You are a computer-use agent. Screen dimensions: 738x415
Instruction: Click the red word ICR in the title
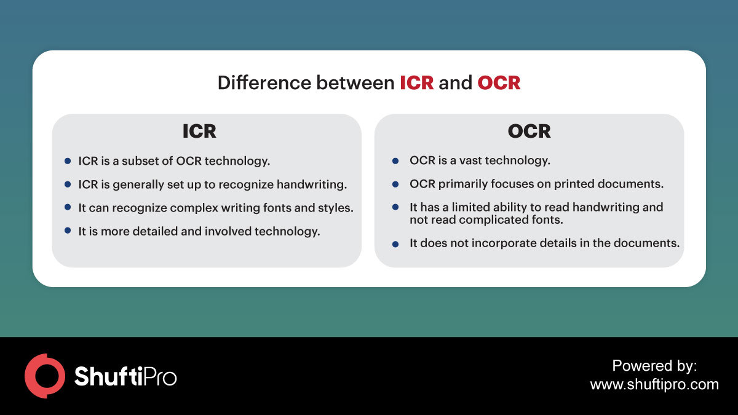coord(416,82)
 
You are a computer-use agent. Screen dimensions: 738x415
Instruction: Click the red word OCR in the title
coord(499,82)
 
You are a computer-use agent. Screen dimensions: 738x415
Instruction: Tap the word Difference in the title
coord(264,82)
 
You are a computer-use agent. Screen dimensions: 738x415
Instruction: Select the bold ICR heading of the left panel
coord(199,131)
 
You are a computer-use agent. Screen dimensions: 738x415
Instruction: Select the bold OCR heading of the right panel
coord(529,131)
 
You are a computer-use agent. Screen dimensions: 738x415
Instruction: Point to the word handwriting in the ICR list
coord(312,184)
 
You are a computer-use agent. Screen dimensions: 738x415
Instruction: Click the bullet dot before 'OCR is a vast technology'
coord(395,161)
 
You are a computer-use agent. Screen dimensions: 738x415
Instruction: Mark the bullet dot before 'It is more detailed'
coord(68,231)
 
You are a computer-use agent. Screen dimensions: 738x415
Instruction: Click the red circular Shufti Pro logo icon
coord(45,376)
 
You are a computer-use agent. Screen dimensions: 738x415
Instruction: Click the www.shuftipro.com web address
coord(654,385)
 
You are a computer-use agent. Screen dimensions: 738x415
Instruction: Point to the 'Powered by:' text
coord(654,366)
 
